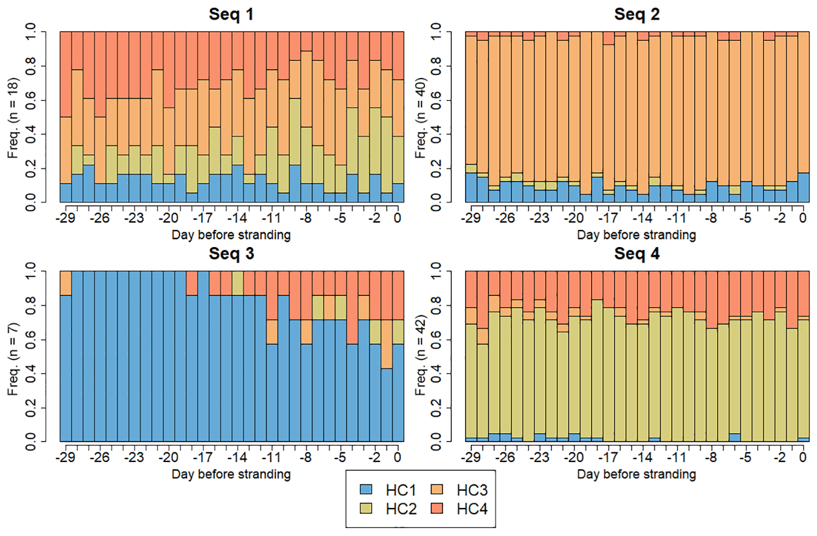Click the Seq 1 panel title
(231, 14)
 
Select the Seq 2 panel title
(637, 14)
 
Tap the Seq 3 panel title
(231, 253)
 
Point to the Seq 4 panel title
(637, 253)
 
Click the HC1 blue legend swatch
(366, 490)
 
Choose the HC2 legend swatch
(366, 508)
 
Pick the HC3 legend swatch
(437, 490)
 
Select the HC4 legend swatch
(437, 508)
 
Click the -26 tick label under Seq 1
(100, 218)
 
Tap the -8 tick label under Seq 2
(711, 218)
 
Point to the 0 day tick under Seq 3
(398, 457)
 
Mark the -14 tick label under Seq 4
(642, 457)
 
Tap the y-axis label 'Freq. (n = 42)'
(421, 355)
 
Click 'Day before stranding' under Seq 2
(637, 235)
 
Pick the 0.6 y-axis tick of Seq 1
(30, 100)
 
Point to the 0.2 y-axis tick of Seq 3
(30, 408)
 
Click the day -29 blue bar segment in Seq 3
(66, 373)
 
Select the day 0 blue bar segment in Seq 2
(803, 188)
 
